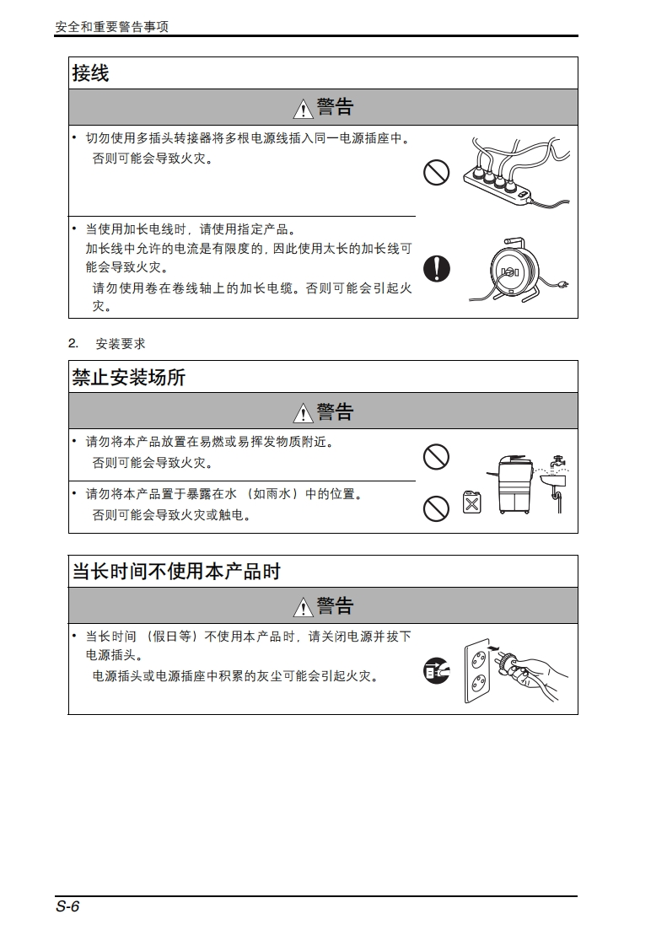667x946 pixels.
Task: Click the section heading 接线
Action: coord(90,73)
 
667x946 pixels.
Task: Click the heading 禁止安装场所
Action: coord(128,377)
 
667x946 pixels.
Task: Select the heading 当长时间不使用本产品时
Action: coord(176,572)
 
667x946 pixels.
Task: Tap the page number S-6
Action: coord(67,906)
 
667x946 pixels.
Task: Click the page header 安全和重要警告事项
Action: coord(111,26)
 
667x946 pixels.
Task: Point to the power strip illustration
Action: coord(516,173)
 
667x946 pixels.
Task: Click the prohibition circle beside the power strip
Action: coord(437,173)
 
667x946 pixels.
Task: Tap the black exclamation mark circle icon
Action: coord(437,268)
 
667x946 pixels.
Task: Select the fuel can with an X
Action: coord(472,502)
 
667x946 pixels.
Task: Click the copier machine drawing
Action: coord(515,485)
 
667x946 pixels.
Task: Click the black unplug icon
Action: coord(437,670)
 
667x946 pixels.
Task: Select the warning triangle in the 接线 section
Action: coord(303,109)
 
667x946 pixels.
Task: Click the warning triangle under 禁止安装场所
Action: coord(303,413)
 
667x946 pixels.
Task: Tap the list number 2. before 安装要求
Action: coord(73,343)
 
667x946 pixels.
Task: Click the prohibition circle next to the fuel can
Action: coord(437,508)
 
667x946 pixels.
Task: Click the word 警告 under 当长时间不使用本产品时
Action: coord(335,605)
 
